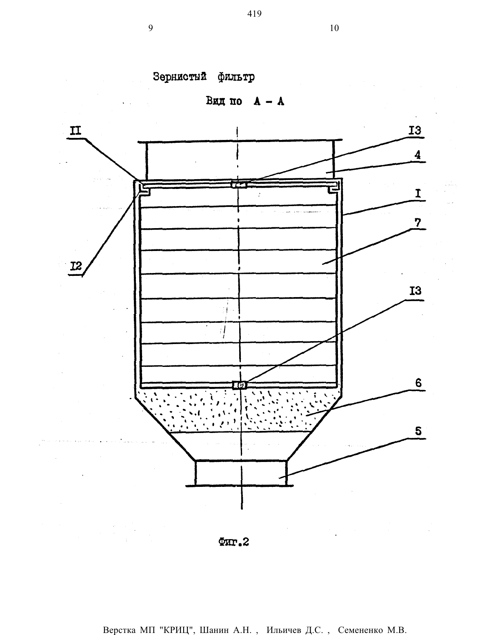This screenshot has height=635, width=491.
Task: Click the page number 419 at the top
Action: point(254,14)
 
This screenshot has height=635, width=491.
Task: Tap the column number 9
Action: point(151,28)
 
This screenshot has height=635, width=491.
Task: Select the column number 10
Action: point(334,28)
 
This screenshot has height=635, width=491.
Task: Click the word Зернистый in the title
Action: point(180,77)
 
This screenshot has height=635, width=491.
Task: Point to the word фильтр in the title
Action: point(236,78)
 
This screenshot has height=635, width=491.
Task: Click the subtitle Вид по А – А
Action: point(245,101)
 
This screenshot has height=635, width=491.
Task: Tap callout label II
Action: point(76,131)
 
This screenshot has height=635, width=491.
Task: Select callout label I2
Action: point(76,266)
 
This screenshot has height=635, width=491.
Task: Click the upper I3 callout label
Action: point(415,130)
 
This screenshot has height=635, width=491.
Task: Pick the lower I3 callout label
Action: point(415,291)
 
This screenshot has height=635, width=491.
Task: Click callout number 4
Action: point(418,155)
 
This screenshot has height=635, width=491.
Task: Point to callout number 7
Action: point(418,223)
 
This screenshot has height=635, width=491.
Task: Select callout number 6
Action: point(418,383)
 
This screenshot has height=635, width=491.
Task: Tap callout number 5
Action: point(418,431)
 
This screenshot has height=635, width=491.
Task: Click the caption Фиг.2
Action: point(233,542)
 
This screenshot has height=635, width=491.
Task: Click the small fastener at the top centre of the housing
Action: point(239,185)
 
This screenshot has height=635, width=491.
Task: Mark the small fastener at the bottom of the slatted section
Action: point(240,385)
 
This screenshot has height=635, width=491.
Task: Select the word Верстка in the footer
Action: point(119,628)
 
